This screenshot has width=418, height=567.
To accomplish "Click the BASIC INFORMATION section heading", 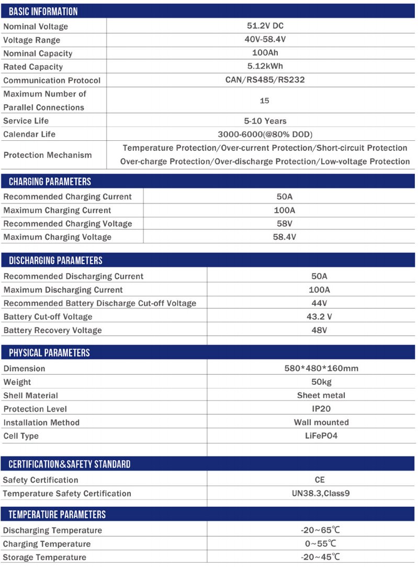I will click(43, 11).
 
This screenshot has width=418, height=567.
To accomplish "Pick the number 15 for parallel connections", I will click(264, 101).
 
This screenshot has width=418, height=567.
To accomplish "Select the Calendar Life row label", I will click(29, 135).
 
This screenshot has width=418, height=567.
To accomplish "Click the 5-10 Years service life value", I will click(265, 121).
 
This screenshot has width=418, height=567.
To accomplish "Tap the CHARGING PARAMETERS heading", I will click(50, 182).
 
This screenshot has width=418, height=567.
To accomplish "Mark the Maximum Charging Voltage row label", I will click(57, 237).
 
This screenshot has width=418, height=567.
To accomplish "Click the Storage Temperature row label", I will click(44, 558).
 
